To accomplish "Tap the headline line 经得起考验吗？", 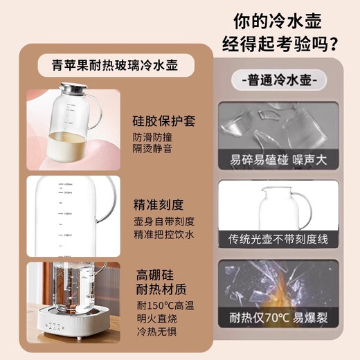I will [280, 45].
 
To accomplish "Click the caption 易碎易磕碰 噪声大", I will [280, 159].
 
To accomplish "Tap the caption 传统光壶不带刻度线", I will [280, 239].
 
